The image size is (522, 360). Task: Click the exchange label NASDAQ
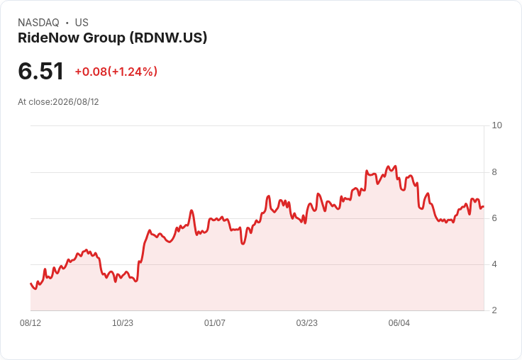tap(38, 23)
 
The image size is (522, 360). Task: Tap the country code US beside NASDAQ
tap(82, 23)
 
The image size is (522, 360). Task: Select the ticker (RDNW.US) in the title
tap(168, 38)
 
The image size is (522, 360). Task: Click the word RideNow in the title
tap(49, 38)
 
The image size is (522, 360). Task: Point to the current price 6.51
tap(40, 71)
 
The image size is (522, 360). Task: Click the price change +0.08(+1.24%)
tap(116, 72)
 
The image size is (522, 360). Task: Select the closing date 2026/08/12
tap(76, 102)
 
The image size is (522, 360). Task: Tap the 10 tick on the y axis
tap(496, 125)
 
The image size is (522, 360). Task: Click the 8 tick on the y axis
tap(494, 172)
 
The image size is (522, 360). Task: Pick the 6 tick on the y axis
tap(494, 218)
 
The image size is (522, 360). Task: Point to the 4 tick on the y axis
tap(494, 264)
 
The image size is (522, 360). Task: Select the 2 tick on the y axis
tap(494, 310)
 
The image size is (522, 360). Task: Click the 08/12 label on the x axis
tap(30, 322)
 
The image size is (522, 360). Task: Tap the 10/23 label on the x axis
tap(123, 322)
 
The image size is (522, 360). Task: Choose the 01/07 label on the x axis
tap(215, 322)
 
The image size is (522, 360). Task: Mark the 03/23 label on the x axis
tap(307, 322)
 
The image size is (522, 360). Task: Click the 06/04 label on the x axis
tap(399, 322)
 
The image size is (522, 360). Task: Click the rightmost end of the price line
tap(484, 207)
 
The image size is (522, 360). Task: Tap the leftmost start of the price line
tap(31, 283)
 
